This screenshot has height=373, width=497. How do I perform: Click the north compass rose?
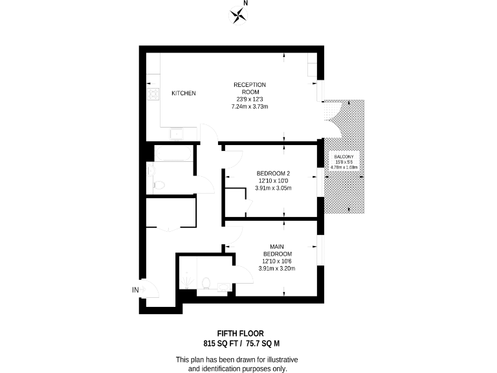[240, 14]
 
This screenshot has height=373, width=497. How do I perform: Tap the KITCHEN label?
[183, 94]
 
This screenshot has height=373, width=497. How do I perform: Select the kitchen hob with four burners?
[153, 95]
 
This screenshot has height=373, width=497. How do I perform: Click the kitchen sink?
[175, 135]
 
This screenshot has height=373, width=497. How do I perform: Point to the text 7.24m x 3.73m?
[250, 106]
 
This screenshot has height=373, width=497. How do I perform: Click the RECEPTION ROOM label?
[250, 89]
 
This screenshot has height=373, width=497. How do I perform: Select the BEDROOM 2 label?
[274, 173]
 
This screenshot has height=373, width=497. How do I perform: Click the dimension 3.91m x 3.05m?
[274, 188]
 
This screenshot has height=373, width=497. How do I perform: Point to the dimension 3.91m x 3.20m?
[277, 268]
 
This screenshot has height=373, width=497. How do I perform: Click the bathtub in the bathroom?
[173, 155]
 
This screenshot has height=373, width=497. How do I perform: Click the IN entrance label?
[136, 289]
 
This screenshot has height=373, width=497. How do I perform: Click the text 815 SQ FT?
[221, 343]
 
